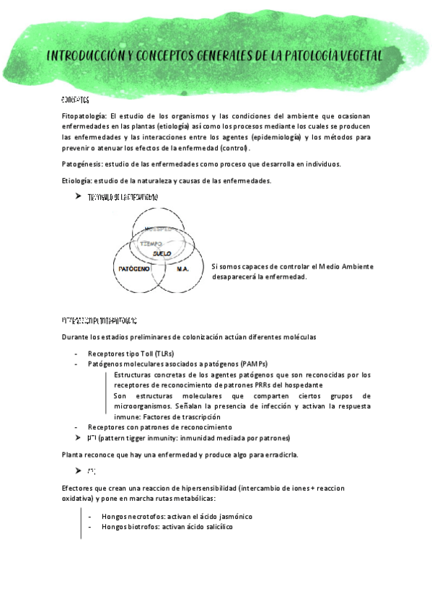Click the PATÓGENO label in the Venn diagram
[133, 268]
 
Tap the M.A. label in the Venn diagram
[182, 268]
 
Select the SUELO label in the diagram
[162, 254]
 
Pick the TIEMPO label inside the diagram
[151, 244]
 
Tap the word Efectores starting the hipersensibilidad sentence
[80, 489]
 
